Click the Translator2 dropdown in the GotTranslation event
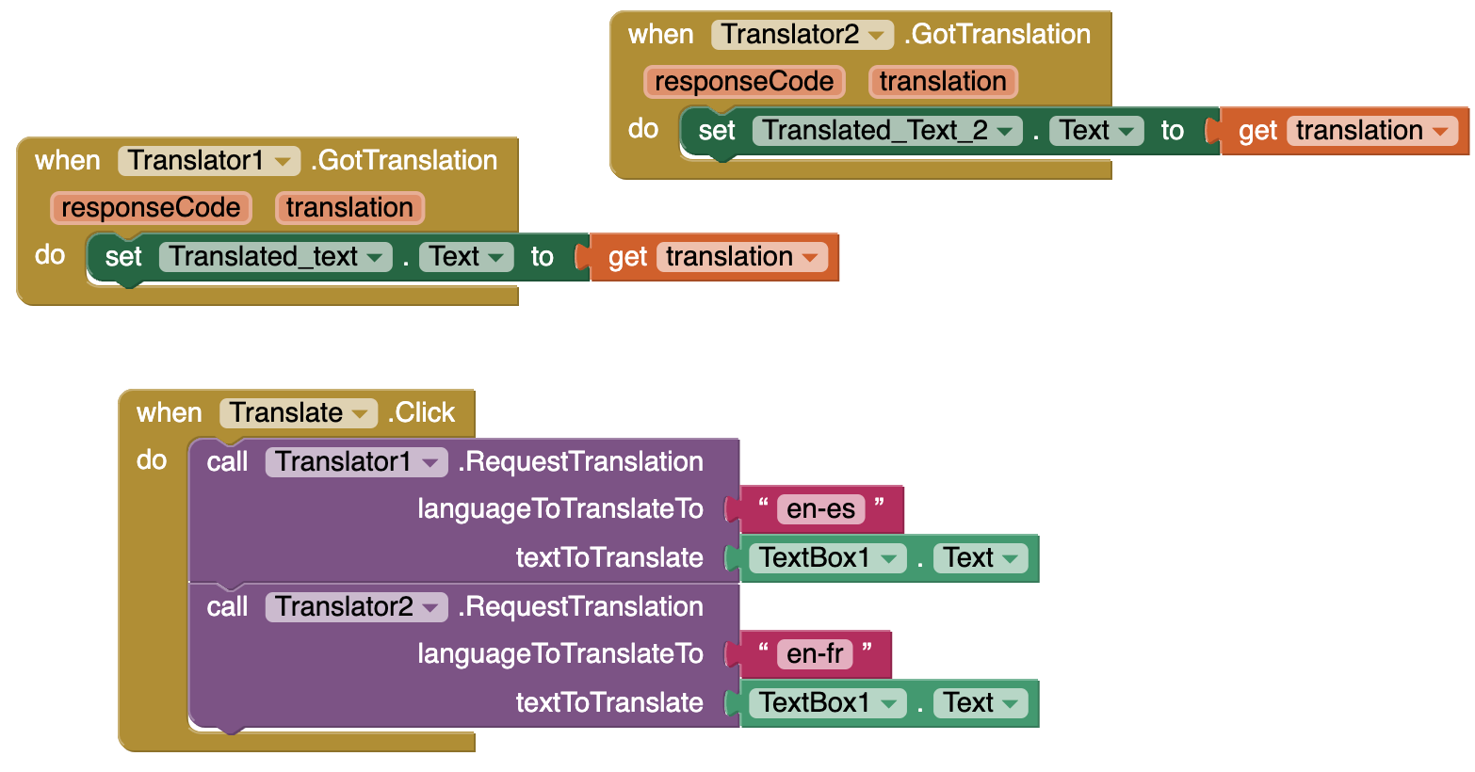point(802,34)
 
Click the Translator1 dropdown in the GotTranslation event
point(209,161)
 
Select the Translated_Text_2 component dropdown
point(887,130)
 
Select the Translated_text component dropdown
point(275,257)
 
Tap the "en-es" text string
point(820,508)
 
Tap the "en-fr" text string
point(815,653)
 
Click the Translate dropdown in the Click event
point(299,412)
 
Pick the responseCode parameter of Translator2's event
point(744,82)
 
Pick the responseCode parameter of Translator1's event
point(151,208)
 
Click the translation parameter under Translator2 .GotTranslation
point(943,82)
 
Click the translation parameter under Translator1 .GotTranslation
point(349,208)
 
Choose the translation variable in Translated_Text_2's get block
point(1372,130)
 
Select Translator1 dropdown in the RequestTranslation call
point(356,461)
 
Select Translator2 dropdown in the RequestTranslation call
point(356,606)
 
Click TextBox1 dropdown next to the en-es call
point(828,558)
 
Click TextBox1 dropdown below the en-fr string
point(828,703)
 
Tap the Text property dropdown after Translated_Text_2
point(1096,130)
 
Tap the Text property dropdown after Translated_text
point(465,257)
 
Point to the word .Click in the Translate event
point(421,412)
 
